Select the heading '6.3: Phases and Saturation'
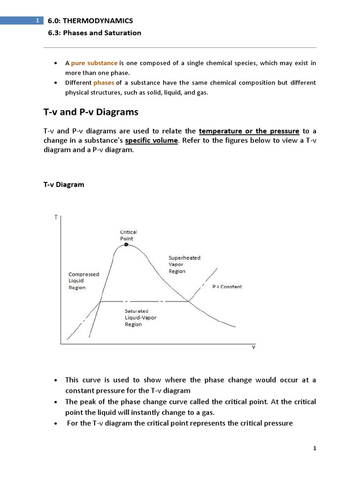click(95, 33)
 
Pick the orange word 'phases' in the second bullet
click(104, 82)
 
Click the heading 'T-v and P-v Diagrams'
click(88, 112)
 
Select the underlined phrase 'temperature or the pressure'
click(249, 131)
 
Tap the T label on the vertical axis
click(56, 217)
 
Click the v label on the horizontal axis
click(254, 348)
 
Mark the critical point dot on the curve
click(126, 245)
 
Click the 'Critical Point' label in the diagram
click(128, 235)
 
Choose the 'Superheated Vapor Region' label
click(184, 264)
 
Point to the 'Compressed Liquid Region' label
click(84, 281)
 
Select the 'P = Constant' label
click(227, 286)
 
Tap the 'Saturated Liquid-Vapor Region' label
click(140, 317)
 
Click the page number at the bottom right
click(315, 448)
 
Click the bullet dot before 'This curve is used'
click(56, 380)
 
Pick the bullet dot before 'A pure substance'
click(56, 63)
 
